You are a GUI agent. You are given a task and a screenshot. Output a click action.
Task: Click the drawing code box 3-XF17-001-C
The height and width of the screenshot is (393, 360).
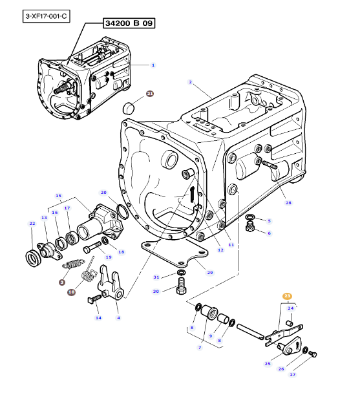coord(46,16)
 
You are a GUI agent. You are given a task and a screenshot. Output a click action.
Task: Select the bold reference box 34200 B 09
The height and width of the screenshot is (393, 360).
coord(129,23)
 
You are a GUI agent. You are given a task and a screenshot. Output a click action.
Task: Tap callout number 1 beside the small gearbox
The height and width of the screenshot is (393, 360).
coord(153,65)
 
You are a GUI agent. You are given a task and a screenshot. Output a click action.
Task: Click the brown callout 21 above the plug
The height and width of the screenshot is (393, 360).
coord(150,94)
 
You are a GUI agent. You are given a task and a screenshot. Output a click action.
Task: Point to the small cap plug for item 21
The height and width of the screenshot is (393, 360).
coord(129,108)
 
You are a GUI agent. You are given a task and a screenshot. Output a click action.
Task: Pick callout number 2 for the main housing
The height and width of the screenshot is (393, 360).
coord(190,82)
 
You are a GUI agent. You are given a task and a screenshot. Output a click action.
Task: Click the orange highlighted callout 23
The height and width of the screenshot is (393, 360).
coord(287,296)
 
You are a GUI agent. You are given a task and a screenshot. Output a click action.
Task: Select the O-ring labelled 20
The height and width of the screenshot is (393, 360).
coord(122,211)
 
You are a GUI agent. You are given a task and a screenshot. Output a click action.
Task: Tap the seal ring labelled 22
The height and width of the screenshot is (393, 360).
coord(33,258)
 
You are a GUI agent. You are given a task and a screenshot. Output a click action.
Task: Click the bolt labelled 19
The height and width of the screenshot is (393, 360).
coord(92,247)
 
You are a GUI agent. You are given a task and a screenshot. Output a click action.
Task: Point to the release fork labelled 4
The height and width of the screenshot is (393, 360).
coord(111,282)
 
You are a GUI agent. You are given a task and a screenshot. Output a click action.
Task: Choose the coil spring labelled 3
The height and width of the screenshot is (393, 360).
coord(73,264)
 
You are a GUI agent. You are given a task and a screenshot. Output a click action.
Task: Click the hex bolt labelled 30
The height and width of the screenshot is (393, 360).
coord(181,286)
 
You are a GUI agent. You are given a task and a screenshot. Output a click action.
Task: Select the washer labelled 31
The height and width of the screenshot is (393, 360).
coord(181,272)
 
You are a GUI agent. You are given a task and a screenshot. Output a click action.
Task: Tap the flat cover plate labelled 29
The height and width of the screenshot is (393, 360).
coord(175,253)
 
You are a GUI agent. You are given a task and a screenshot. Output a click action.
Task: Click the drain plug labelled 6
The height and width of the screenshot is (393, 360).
coord(249,227)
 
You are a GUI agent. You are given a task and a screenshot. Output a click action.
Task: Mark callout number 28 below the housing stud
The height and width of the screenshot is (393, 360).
coord(288,203)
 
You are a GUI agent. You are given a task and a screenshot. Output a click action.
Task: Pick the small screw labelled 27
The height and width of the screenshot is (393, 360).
coord(313,354)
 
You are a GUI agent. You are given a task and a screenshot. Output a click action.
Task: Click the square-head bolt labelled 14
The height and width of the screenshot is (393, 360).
coord(94,299)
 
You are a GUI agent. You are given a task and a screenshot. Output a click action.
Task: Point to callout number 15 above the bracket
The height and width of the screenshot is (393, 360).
coord(58,196)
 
